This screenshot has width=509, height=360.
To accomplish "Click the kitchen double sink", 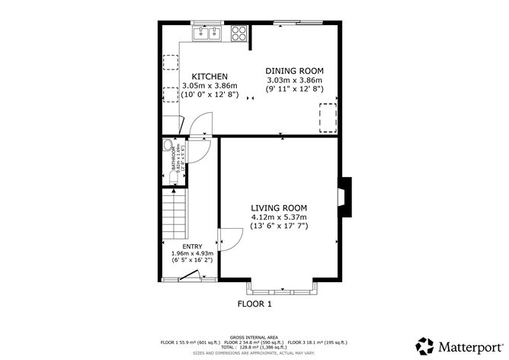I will [206, 33].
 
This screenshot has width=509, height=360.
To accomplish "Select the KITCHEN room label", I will [210, 77].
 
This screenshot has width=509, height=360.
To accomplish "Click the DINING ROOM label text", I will [294, 70].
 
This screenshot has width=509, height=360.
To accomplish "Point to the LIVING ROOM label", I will [279, 207].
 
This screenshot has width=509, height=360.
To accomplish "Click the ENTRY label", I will [192, 246].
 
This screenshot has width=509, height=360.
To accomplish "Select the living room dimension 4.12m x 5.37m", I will [279, 217].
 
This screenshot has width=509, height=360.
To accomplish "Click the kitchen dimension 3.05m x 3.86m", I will [210, 86].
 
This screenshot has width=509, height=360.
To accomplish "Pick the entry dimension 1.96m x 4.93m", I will [192, 253].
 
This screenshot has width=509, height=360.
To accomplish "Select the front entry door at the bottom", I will [191, 278].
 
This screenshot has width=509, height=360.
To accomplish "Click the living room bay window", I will [281, 288].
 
